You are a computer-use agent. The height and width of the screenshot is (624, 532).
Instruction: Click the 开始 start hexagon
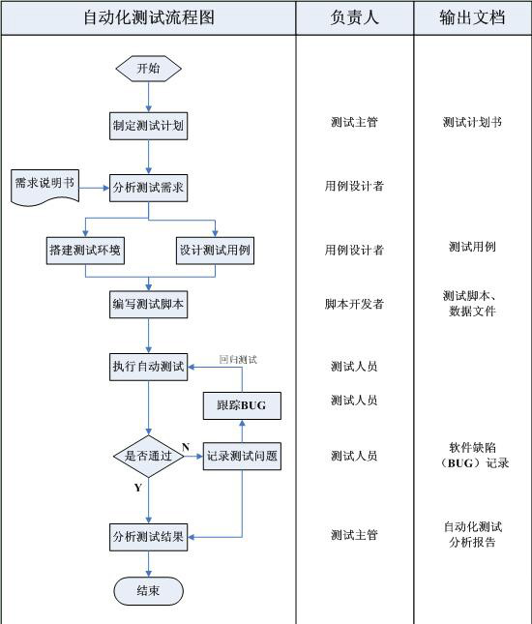pos(148,68)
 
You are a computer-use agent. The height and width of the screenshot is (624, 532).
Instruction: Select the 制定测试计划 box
pos(148,125)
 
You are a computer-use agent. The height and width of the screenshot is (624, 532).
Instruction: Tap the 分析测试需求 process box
pos(148,187)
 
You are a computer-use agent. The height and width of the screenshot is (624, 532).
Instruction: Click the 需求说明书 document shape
pos(44,186)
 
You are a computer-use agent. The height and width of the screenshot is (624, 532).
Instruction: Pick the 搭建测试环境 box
pos(86,250)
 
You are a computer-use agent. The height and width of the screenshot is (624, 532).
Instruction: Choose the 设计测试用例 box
pos(215,250)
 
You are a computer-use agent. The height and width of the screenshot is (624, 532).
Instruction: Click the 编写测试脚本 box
pos(148,305)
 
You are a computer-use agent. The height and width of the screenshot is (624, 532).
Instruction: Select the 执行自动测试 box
pos(148,367)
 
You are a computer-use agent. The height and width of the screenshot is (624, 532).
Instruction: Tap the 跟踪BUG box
pos(241,405)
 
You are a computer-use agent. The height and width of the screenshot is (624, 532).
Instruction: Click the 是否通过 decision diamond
pos(148,456)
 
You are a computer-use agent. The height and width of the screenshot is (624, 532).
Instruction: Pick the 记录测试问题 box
pos(242,456)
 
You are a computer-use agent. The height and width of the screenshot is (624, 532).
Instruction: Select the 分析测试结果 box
pos(148,536)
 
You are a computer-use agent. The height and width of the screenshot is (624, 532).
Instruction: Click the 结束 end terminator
pos(148,590)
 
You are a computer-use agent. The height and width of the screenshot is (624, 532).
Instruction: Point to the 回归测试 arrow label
pos(238,359)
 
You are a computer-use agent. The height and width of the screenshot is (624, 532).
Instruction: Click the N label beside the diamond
pos(186,446)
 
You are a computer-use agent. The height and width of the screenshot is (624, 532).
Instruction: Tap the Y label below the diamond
pos(137,489)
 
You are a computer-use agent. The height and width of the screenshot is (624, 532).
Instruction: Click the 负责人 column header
pos(354,17)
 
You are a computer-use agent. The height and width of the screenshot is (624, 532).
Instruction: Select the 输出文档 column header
pos(472,17)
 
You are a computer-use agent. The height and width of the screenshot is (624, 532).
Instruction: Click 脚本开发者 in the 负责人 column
pos(354,304)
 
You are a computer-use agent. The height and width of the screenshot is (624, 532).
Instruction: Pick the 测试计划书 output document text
pos(472,123)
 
